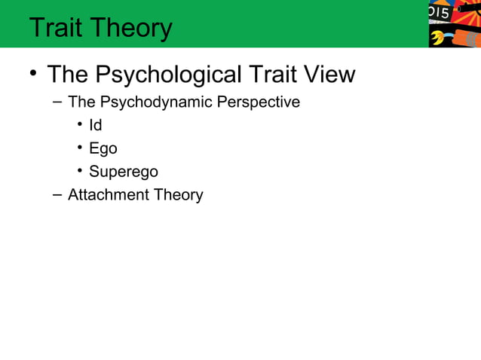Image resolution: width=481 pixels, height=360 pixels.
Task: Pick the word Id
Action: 95,125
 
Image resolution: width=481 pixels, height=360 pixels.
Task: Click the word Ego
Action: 103,148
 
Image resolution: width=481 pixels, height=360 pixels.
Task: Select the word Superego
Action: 123,172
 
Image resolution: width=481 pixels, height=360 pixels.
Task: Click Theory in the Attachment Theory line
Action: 179,195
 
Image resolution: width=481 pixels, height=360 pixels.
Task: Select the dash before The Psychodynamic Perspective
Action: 57,102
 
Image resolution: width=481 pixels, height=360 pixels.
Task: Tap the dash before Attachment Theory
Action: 57,195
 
